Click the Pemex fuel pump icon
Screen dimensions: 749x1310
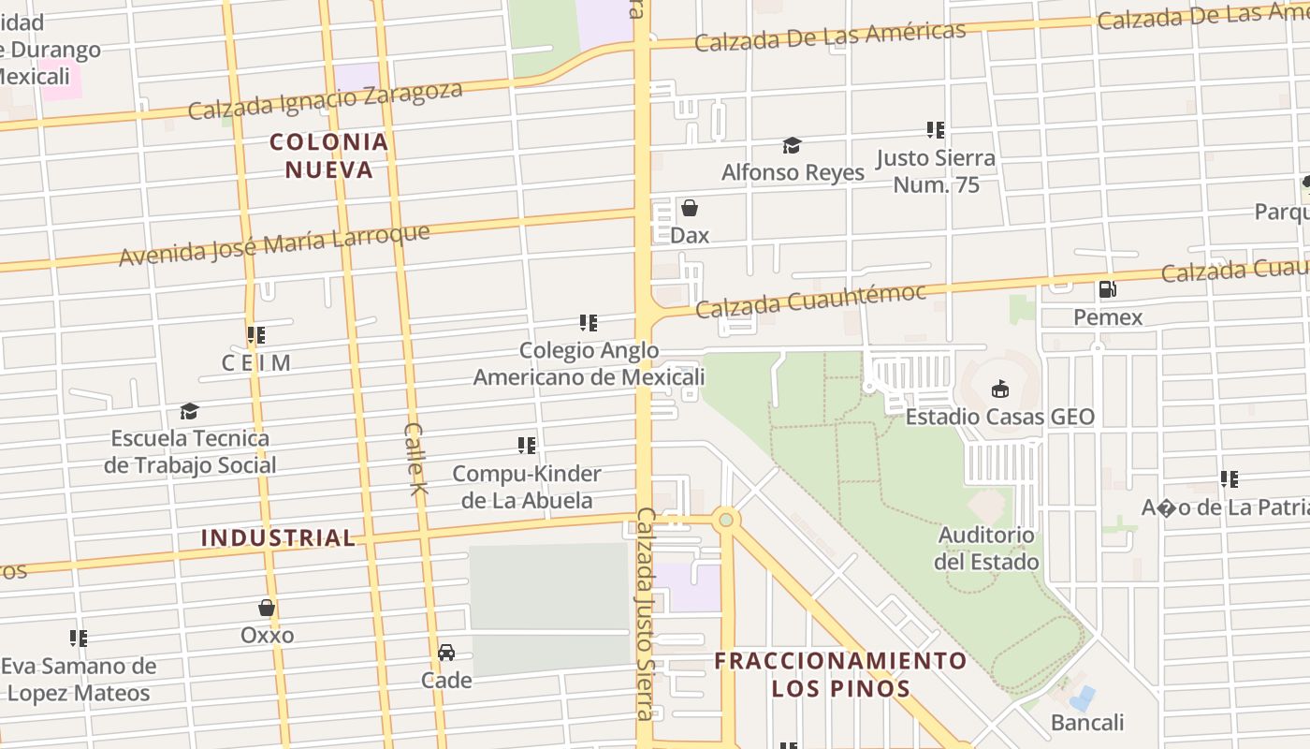(x=1107, y=289)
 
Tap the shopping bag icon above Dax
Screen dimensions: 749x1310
(x=690, y=208)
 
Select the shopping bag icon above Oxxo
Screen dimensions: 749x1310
(x=267, y=608)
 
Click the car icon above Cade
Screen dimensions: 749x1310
(x=446, y=652)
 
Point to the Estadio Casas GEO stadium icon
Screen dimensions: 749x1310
(x=999, y=389)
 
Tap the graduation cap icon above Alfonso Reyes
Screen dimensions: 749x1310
(x=792, y=145)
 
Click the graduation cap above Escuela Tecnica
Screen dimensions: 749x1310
(x=190, y=411)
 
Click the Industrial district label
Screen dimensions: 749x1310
(x=278, y=537)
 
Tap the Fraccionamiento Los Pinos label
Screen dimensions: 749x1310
(x=840, y=674)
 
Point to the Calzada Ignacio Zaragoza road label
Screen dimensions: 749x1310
(x=326, y=101)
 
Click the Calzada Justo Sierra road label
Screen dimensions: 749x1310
(x=645, y=613)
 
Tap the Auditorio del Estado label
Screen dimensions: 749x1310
(x=986, y=549)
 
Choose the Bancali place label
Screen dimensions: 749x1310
(x=1087, y=722)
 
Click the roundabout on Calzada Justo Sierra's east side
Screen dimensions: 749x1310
(x=725, y=519)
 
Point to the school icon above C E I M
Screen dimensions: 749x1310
(x=255, y=334)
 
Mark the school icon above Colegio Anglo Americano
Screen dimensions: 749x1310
(x=588, y=323)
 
